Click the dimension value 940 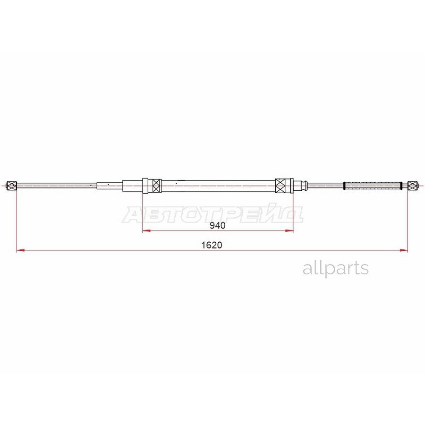217,225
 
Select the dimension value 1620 212,245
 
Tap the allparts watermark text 336,269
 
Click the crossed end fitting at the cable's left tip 12,186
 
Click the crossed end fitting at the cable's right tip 413,186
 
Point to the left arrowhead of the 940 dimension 147,230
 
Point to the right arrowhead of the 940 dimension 289,230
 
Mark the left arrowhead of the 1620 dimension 21,250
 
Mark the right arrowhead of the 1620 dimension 404,250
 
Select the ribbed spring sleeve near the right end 373,186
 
